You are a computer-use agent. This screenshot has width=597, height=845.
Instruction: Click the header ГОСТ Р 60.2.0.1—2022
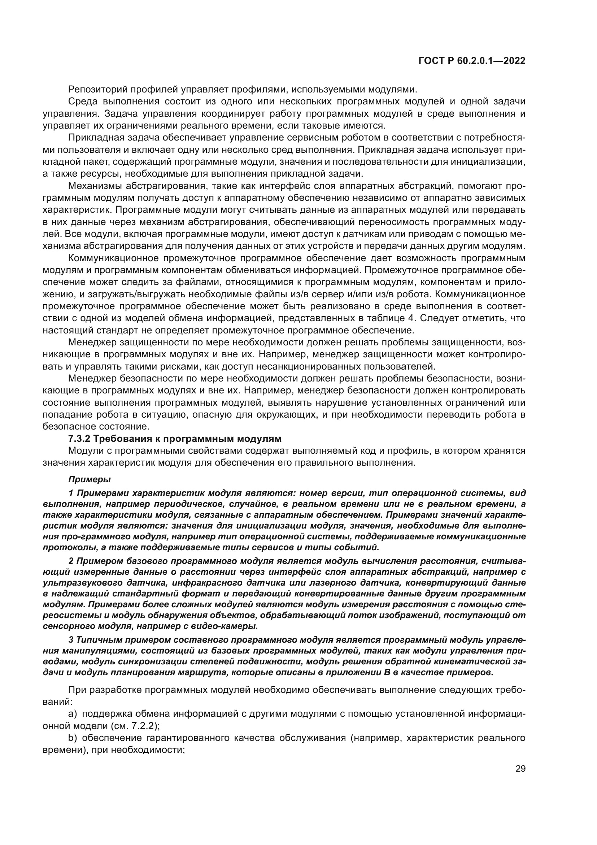point(472,61)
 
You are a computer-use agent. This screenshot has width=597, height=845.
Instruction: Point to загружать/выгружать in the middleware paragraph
point(139,294)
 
